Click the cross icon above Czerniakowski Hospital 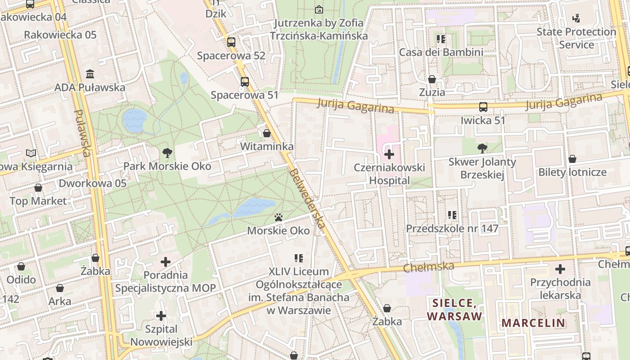coord(389,155)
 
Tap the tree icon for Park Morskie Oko coord(167,153)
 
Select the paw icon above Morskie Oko coord(279,218)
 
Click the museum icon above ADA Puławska coord(90,74)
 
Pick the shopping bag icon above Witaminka coord(267,133)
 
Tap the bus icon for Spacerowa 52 coord(231,42)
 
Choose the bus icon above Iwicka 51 coord(483,107)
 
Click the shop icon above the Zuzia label coord(432,79)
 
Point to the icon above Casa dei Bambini coord(441,39)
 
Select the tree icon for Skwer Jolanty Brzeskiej coord(482,148)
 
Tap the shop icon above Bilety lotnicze coord(572,159)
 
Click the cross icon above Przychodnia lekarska coord(560,269)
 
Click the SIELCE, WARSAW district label coord(454,309)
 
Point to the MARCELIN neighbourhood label coord(533,323)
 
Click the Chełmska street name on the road coord(429,267)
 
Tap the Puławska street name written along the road coord(82,133)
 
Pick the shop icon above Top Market coord(38,188)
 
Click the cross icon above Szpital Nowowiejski coord(161,316)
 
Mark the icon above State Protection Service coord(576,18)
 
